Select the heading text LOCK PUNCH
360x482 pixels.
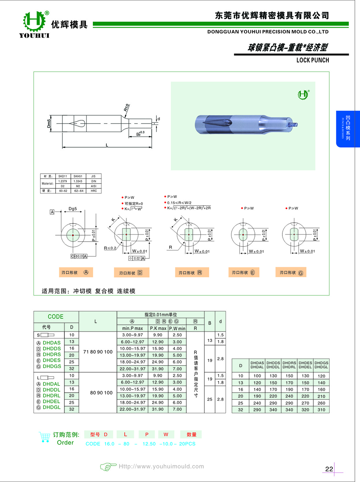[312, 60]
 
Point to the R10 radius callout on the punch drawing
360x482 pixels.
[126, 108]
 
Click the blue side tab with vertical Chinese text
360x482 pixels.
[347, 128]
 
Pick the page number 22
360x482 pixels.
[329, 469]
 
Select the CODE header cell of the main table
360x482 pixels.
[56, 316]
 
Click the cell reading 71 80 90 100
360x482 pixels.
[98, 352]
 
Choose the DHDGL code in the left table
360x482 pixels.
[52, 407]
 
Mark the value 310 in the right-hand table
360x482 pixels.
[321, 410]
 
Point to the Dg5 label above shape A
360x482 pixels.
[72, 209]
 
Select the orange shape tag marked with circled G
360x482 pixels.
[290, 272]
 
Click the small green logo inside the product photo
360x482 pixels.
[304, 94]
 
